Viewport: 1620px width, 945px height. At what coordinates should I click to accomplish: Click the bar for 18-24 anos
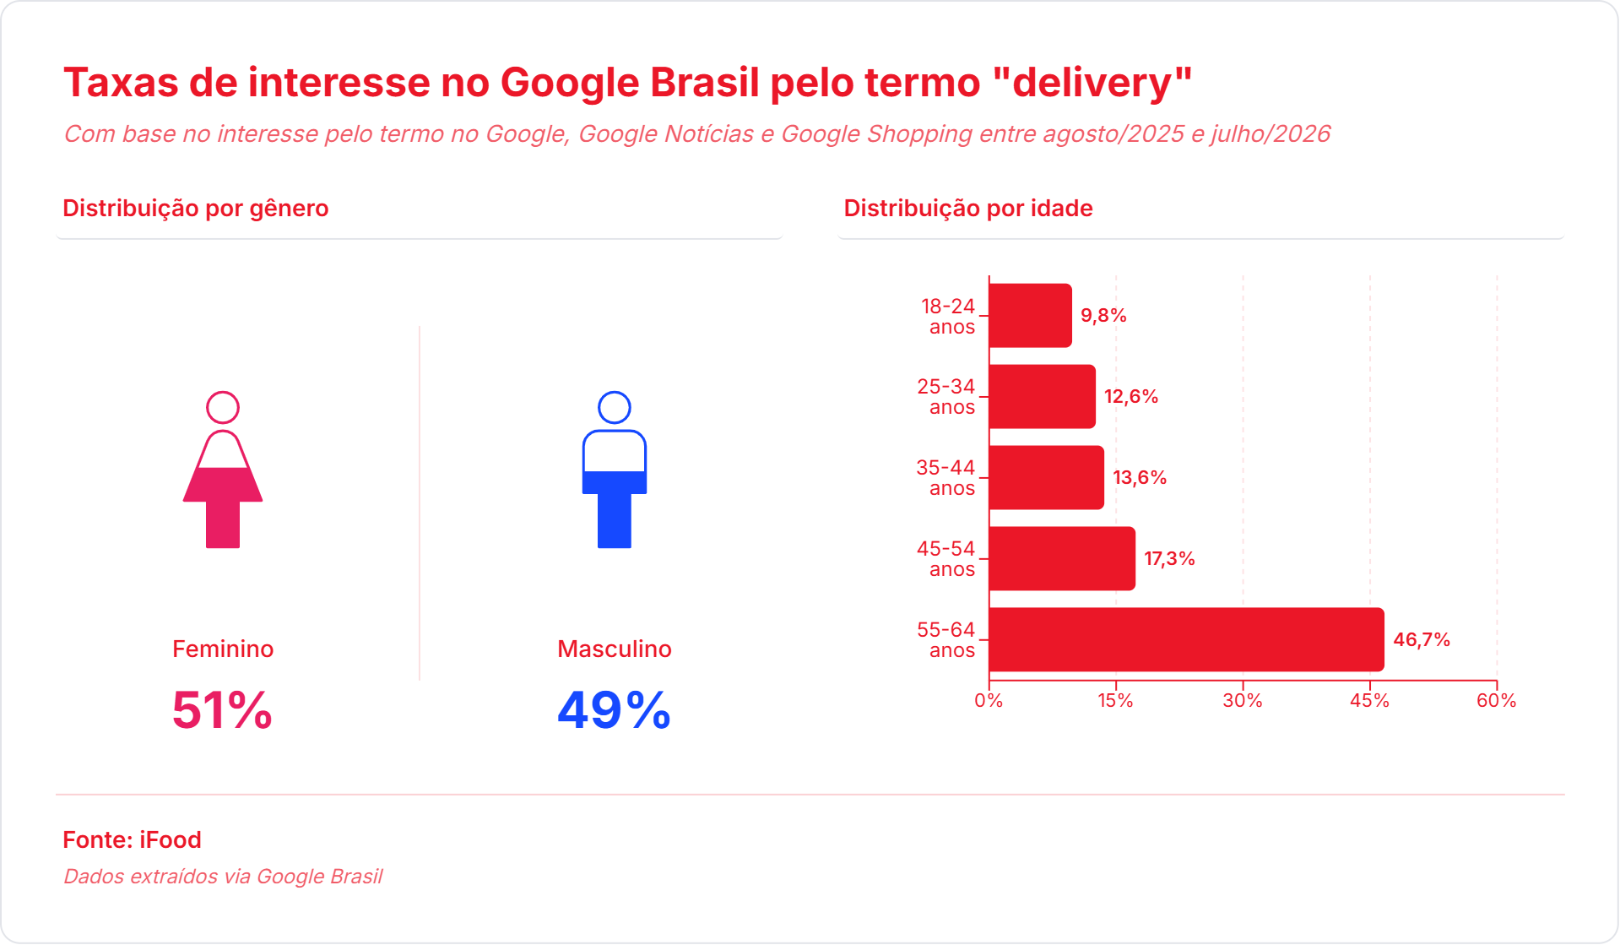pyautogui.click(x=1030, y=315)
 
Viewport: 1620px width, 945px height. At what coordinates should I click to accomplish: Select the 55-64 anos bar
pyautogui.click(x=1186, y=639)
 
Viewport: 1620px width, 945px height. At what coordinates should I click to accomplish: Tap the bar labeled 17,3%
pyautogui.click(x=1062, y=558)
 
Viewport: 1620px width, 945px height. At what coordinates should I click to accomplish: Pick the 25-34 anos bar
pyautogui.click(x=1042, y=396)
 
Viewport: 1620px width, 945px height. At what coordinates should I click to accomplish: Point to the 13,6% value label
pyautogui.click(x=1140, y=478)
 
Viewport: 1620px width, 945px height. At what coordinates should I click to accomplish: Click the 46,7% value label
pyautogui.click(x=1422, y=640)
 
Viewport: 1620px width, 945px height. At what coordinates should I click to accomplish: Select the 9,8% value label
pyautogui.click(x=1103, y=316)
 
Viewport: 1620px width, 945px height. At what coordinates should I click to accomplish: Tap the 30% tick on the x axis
pyautogui.click(x=1243, y=701)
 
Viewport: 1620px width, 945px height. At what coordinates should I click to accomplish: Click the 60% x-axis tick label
pyautogui.click(x=1497, y=701)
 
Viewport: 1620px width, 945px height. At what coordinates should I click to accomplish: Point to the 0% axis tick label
pyautogui.click(x=989, y=701)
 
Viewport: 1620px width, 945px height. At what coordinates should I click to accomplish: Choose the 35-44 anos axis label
pyautogui.click(x=945, y=478)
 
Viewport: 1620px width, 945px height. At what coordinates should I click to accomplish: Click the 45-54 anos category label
pyautogui.click(x=945, y=559)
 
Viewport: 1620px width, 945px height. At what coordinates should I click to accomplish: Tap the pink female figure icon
pyautogui.click(x=223, y=470)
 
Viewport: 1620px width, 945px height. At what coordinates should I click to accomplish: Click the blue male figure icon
pyautogui.click(x=615, y=470)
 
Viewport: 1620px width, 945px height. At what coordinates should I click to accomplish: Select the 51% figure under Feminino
pyautogui.click(x=222, y=710)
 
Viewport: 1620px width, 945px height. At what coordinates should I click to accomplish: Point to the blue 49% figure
pyautogui.click(x=615, y=710)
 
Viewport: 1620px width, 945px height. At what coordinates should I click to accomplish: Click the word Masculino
pyautogui.click(x=615, y=649)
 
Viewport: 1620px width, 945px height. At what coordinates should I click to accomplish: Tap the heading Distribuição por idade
pyautogui.click(x=968, y=208)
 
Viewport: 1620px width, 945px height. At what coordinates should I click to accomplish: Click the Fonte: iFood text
pyautogui.click(x=132, y=839)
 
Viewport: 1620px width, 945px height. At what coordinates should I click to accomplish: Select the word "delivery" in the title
pyautogui.click(x=1092, y=83)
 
